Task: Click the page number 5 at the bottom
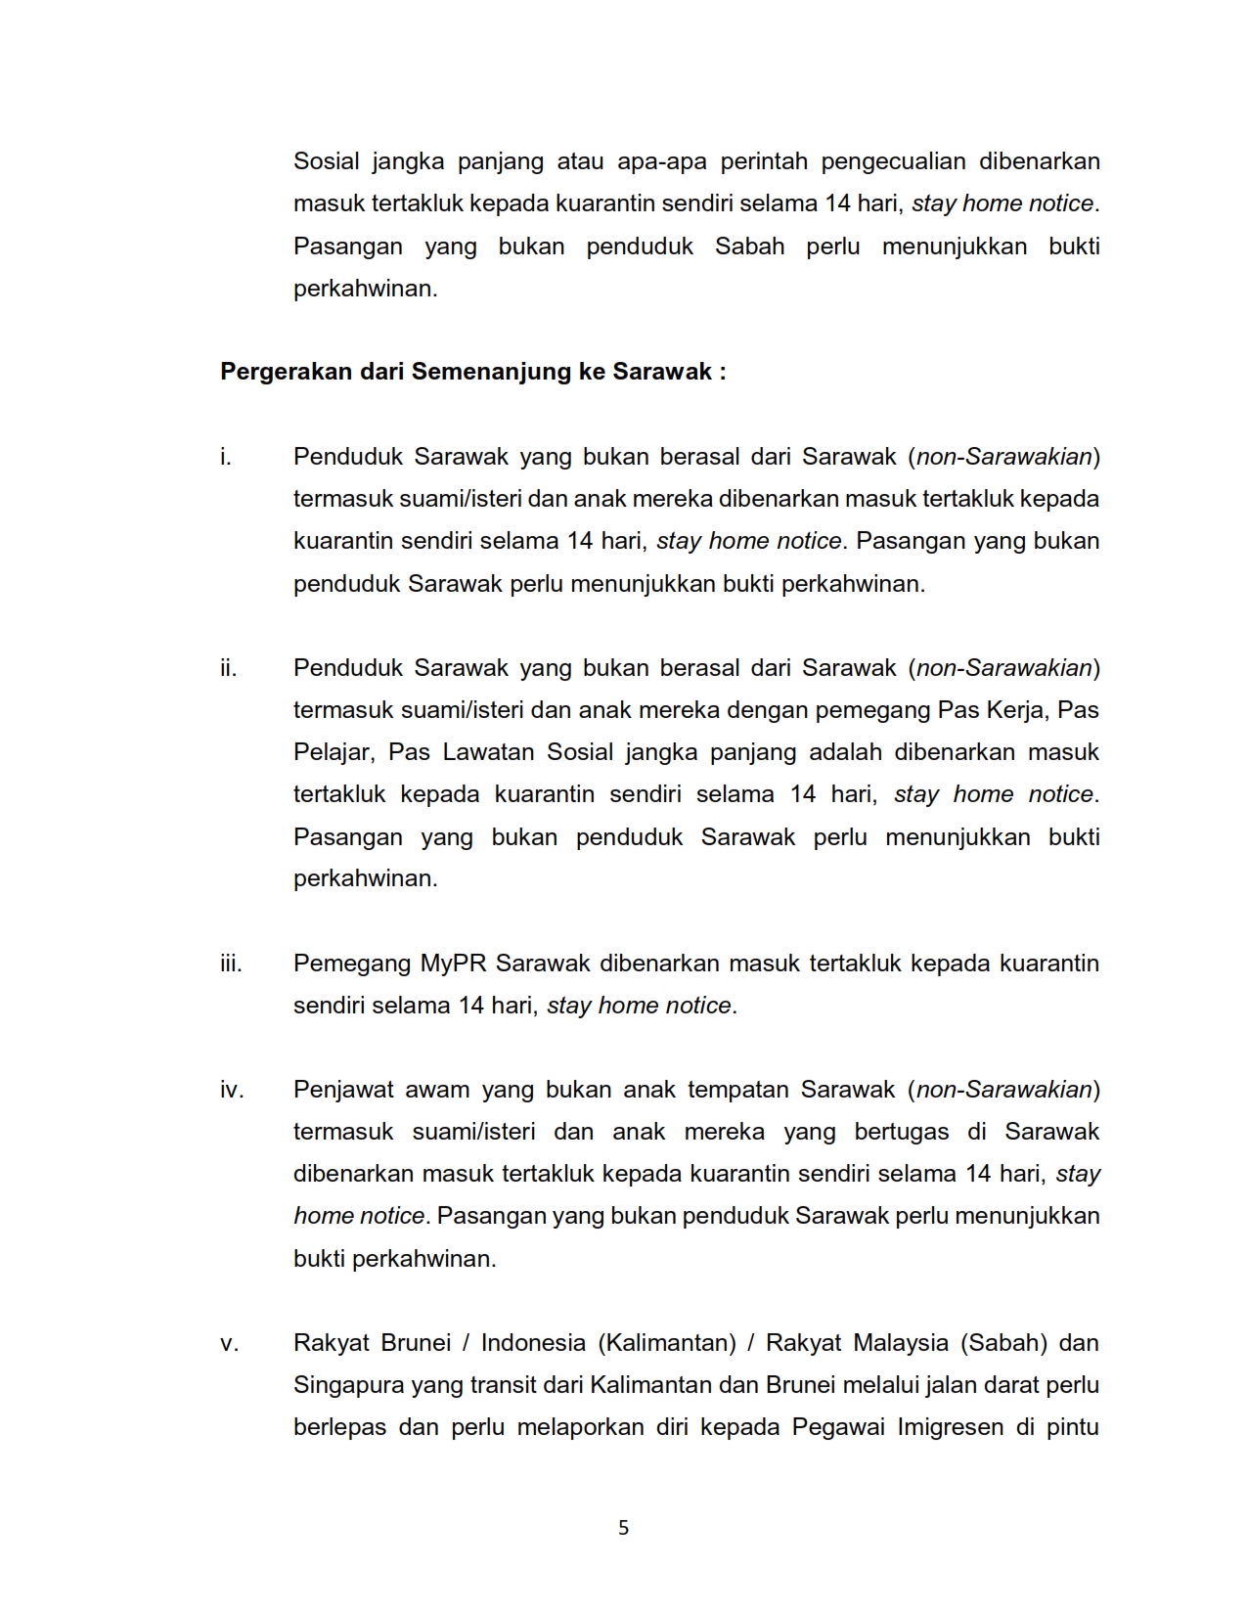623,1527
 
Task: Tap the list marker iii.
231,964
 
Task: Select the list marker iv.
232,1090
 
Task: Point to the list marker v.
229,1343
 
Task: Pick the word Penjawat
341,1090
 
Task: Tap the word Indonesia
534,1343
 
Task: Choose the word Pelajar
333,752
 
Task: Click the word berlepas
338,1427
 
